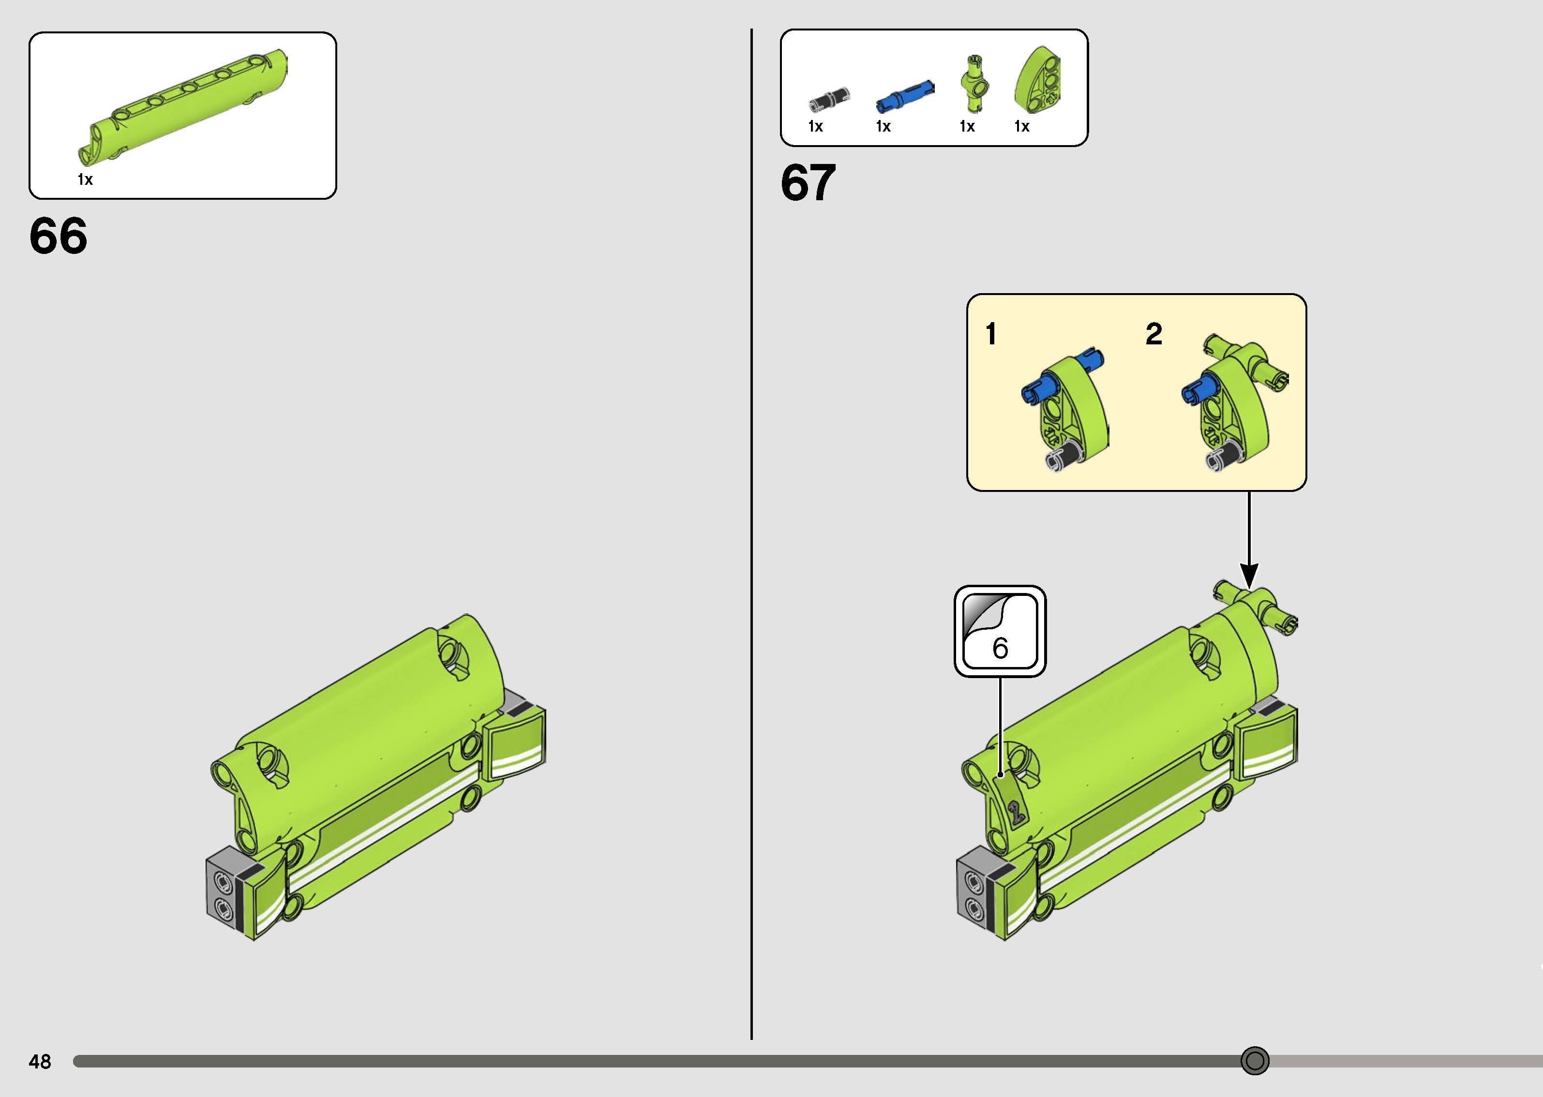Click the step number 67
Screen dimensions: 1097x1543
(x=808, y=182)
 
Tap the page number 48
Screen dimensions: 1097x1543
(x=40, y=1062)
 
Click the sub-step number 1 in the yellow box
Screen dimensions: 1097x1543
(x=991, y=334)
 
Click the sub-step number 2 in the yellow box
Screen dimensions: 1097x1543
(x=1154, y=334)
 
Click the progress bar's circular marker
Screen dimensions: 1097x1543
(x=1255, y=1061)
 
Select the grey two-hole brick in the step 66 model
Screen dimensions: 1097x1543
(x=223, y=892)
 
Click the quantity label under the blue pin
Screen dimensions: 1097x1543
(x=883, y=126)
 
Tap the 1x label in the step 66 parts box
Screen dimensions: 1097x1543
(x=85, y=179)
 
